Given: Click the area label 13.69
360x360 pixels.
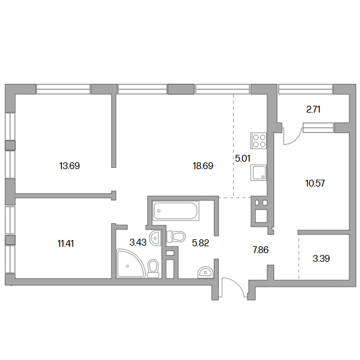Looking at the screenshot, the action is click(x=70, y=166).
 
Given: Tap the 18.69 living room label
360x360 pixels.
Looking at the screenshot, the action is click(x=203, y=166).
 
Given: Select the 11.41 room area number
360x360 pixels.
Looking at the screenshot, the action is click(x=66, y=244).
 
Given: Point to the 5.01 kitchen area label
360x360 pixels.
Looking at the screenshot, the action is click(x=242, y=159).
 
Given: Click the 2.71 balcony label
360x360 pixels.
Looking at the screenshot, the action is click(x=313, y=109).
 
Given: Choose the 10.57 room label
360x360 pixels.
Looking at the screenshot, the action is click(x=315, y=183).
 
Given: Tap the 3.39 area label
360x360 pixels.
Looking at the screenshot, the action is click(x=321, y=259).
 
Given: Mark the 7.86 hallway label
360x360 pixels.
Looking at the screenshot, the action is click(x=261, y=250).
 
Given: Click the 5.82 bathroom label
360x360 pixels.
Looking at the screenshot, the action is click(x=200, y=243).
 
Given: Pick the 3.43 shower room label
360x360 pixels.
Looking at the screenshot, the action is click(x=138, y=242).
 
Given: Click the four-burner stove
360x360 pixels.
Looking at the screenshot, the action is click(x=259, y=141).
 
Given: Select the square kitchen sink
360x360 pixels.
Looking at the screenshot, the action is click(x=259, y=172).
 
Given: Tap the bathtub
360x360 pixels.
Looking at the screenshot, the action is click(x=175, y=211).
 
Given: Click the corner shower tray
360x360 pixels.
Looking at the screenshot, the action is click(x=131, y=264).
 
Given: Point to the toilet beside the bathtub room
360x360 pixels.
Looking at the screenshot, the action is click(x=176, y=236).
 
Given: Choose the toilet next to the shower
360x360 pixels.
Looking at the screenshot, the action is click(x=153, y=268).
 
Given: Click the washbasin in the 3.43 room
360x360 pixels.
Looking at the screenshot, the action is click(x=155, y=238).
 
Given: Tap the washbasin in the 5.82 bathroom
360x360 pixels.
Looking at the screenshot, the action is click(x=206, y=272).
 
